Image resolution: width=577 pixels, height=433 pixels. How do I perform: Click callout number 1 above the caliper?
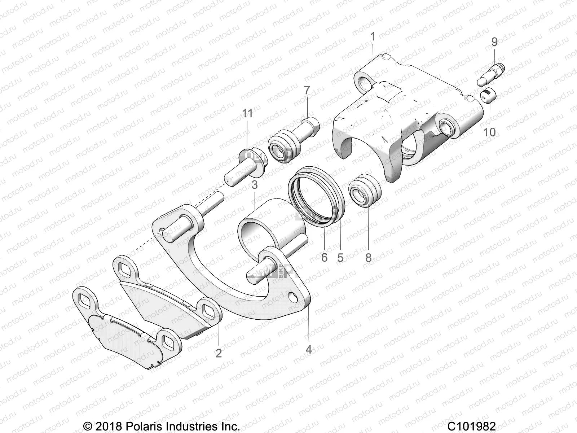point(373,36)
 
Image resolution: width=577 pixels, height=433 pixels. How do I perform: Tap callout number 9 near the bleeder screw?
point(494,42)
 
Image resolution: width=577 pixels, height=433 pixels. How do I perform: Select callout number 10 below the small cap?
point(489,132)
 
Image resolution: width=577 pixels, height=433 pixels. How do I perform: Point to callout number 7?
point(307,91)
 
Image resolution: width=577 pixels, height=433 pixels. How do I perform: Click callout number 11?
point(247,114)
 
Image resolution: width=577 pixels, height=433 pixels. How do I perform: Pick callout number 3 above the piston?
point(255,185)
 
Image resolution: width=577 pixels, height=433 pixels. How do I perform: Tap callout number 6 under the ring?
point(324,257)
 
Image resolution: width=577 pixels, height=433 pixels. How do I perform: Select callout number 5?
point(340,257)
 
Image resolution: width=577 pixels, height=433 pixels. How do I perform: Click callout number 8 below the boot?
point(368,257)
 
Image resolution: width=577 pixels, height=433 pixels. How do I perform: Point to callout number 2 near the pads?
point(219,353)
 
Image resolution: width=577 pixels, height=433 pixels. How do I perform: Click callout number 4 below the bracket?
point(309,349)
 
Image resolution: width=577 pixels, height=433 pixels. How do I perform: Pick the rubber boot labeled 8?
point(365,191)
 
